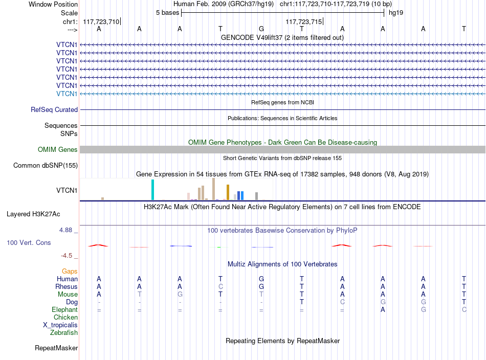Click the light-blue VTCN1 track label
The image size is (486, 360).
click(x=67, y=94)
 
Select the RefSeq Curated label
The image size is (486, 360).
click(x=54, y=109)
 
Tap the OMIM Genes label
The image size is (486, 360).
click(x=58, y=150)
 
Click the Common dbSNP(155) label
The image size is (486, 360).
click(x=46, y=166)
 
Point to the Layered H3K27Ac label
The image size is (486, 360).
click(x=33, y=214)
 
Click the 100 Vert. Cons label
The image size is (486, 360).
click(x=29, y=242)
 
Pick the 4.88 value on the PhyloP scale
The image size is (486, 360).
click(x=65, y=230)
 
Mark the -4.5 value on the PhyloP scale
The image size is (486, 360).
click(x=67, y=256)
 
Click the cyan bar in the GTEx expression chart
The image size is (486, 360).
click(x=152, y=190)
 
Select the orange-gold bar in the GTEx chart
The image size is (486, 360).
click(x=228, y=192)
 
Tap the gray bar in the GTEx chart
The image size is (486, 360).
click(x=257, y=196)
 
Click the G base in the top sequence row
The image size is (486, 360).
click(x=261, y=29)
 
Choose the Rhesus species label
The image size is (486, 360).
click(x=67, y=286)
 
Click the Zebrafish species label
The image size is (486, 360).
click(x=64, y=332)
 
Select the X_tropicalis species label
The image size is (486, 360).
click(x=60, y=325)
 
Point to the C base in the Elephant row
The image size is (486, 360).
click(x=464, y=309)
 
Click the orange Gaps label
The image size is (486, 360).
click(x=70, y=272)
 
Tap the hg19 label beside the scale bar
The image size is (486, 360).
click(x=396, y=13)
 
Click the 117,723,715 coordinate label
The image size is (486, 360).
click(x=304, y=21)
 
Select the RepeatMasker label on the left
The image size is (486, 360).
click(x=56, y=348)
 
